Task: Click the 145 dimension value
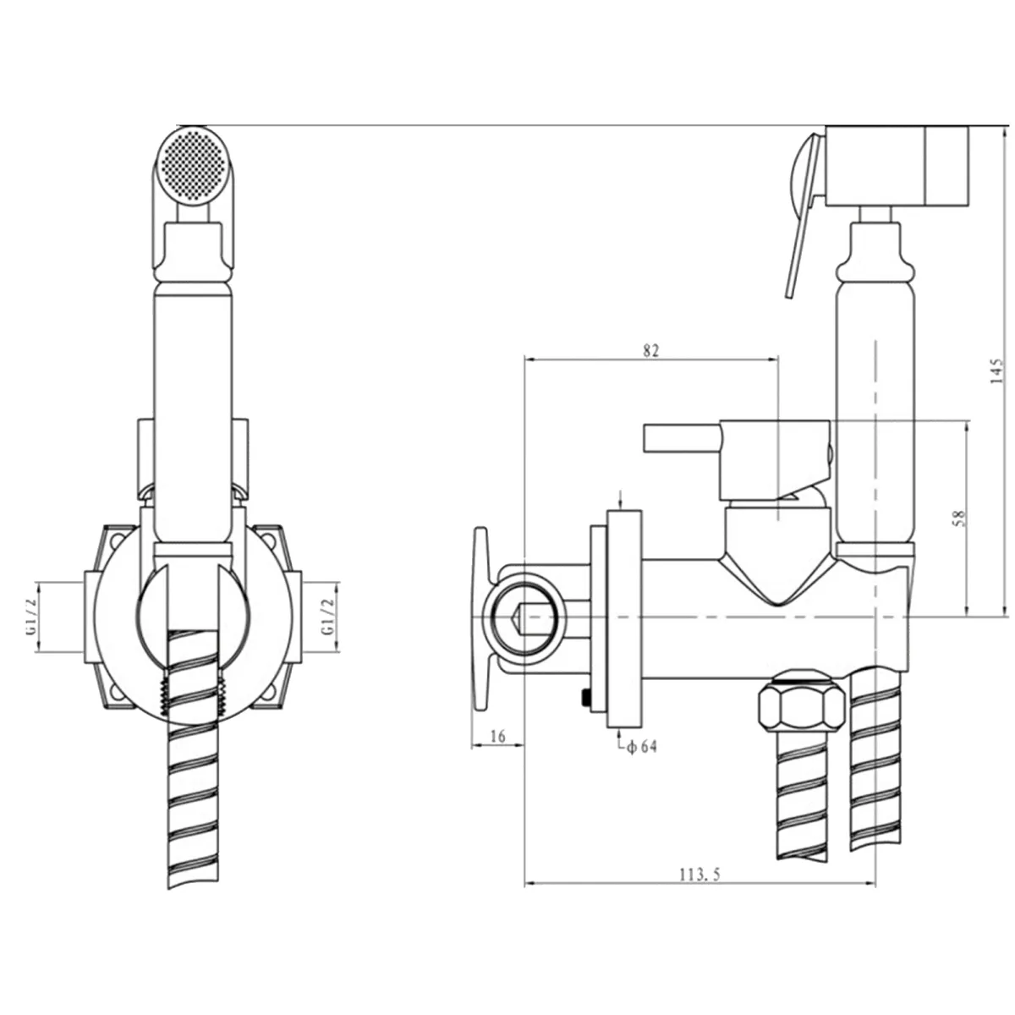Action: point(996,370)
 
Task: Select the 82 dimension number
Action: point(651,351)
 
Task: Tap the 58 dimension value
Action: point(959,518)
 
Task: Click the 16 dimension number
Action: point(497,736)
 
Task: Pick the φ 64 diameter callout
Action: point(641,746)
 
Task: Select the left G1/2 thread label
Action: point(31,617)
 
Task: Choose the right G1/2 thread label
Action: point(328,617)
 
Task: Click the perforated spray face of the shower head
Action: point(194,165)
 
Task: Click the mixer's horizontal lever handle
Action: point(683,438)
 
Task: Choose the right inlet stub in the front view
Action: point(295,617)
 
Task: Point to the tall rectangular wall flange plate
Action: point(624,619)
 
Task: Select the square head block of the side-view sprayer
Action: point(897,166)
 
